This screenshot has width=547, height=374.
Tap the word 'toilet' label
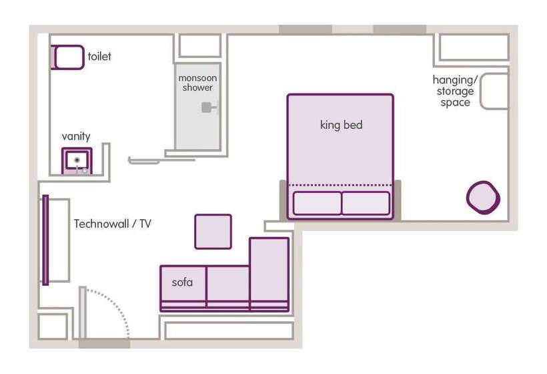(x=99, y=57)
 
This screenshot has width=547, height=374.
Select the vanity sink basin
(x=77, y=160)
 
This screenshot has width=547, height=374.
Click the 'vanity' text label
(x=76, y=136)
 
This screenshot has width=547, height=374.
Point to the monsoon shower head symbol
(x=208, y=107)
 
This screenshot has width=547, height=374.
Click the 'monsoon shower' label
(x=197, y=83)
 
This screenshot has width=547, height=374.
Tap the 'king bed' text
(x=341, y=125)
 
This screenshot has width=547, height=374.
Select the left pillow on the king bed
(x=317, y=203)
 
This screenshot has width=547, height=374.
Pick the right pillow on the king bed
(x=366, y=203)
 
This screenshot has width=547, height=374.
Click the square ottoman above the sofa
(x=213, y=231)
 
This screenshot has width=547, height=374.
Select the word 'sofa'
(x=182, y=283)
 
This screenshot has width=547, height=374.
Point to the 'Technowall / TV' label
(x=112, y=224)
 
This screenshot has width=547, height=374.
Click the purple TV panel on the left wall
(x=45, y=240)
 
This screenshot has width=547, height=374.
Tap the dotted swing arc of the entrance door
(x=119, y=303)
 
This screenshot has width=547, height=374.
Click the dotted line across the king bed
(x=340, y=185)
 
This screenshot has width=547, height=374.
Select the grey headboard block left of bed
(x=283, y=199)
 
